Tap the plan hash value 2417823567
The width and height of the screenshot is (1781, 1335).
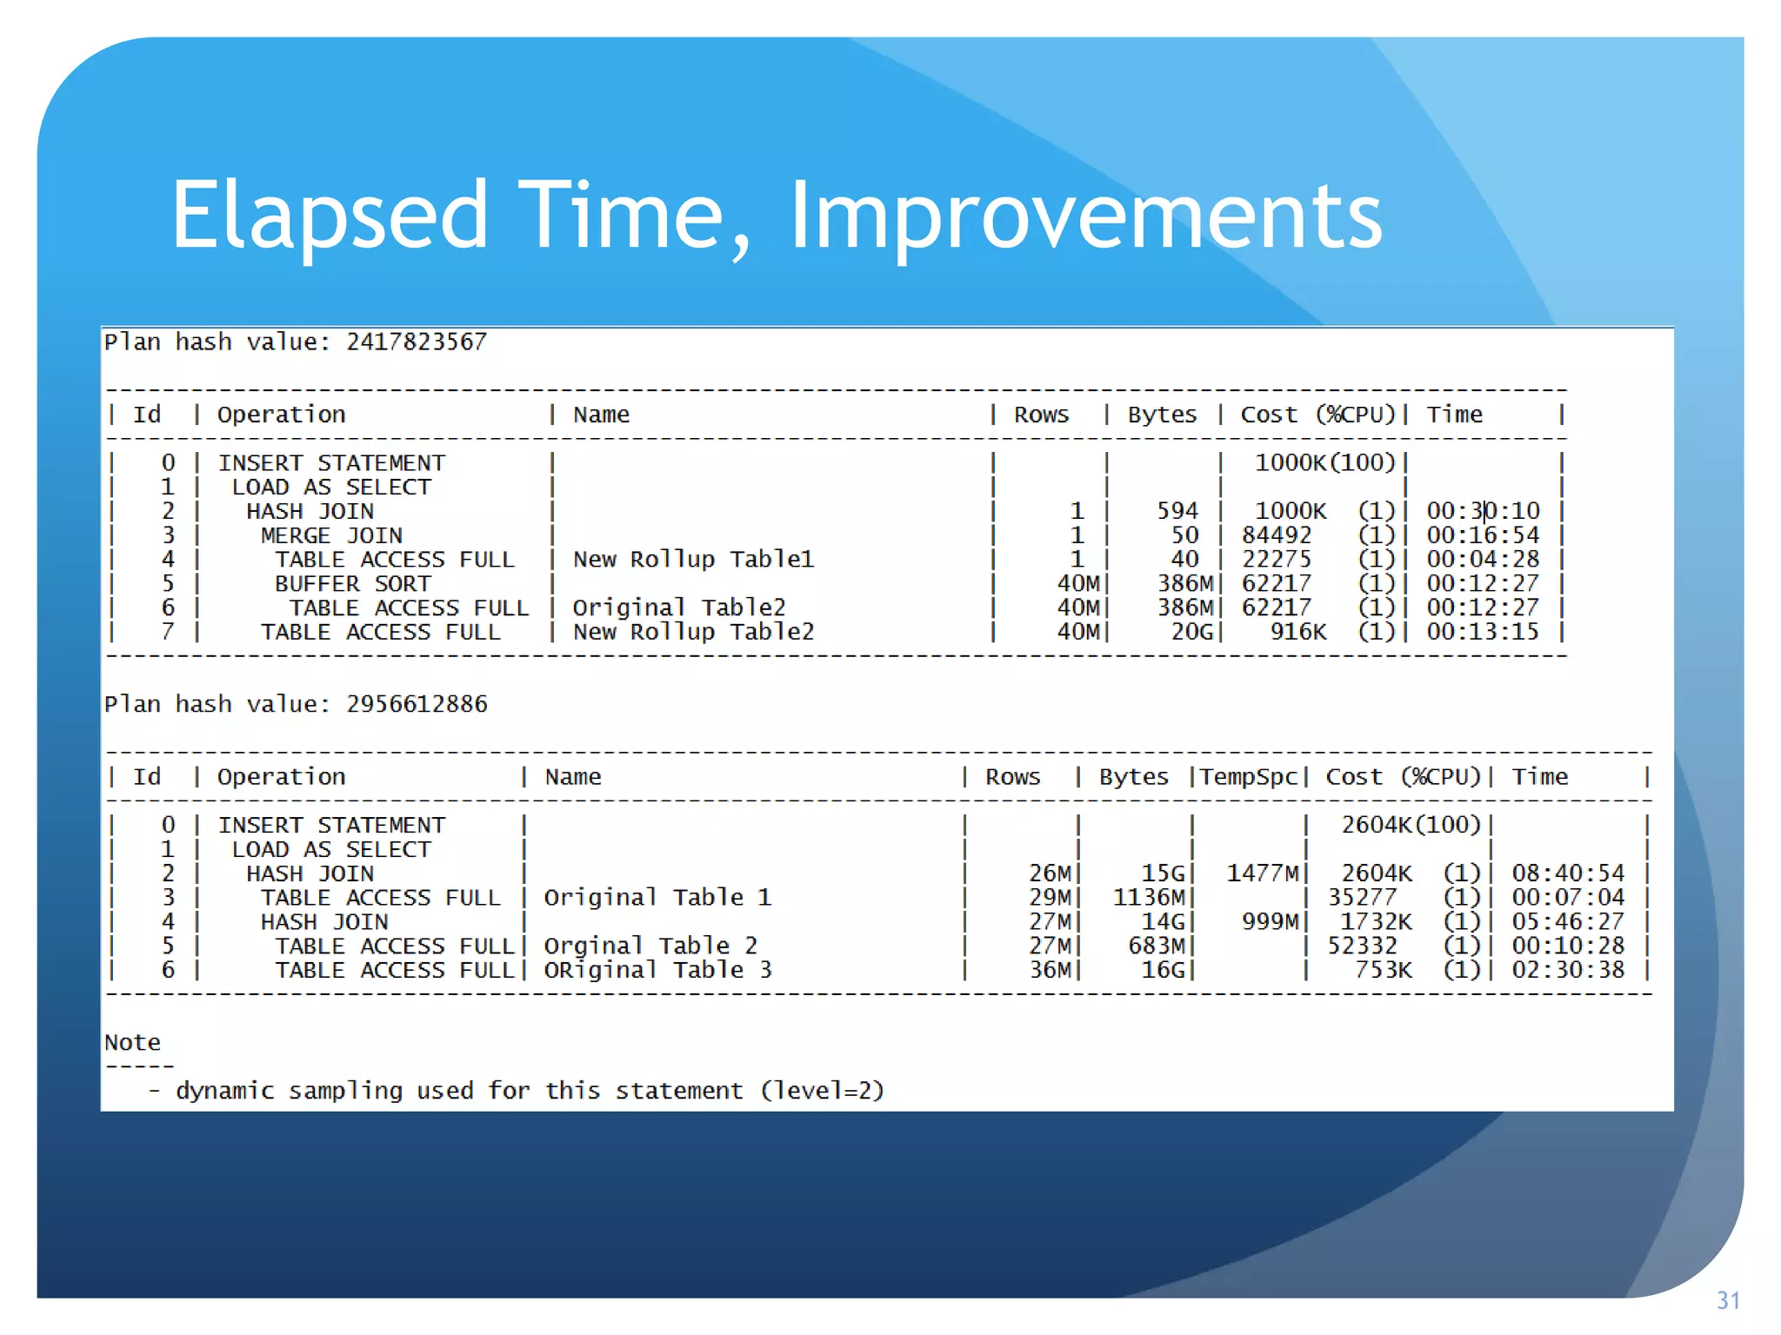pyautogui.click(x=417, y=342)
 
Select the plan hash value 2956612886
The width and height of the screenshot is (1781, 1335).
pyautogui.click(x=417, y=704)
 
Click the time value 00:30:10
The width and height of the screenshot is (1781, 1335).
pyautogui.click(x=1483, y=511)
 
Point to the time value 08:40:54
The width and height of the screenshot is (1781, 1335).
pyautogui.click(x=1567, y=873)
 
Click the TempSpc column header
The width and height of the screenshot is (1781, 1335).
pyautogui.click(x=1248, y=777)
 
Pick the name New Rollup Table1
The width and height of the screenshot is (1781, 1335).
pyautogui.click(x=693, y=560)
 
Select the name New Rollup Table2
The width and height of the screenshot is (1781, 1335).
pyautogui.click(x=693, y=632)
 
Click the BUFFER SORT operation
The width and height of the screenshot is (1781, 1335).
pyautogui.click(x=352, y=584)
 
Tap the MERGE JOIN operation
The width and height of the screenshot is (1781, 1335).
pyautogui.click(x=331, y=535)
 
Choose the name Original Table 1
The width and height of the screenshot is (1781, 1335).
pyautogui.click(x=657, y=897)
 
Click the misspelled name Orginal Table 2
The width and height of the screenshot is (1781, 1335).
pyautogui.click(x=650, y=946)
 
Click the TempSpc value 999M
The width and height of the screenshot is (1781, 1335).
pyautogui.click(x=1270, y=921)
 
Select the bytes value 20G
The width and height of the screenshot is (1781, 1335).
pyautogui.click(x=1191, y=632)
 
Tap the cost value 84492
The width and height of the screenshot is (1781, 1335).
pyautogui.click(x=1276, y=535)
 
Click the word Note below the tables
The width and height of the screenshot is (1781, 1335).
pyautogui.click(x=132, y=1042)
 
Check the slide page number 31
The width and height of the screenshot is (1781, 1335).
pyautogui.click(x=1728, y=1300)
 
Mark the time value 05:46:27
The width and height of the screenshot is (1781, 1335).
pyautogui.click(x=1567, y=921)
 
